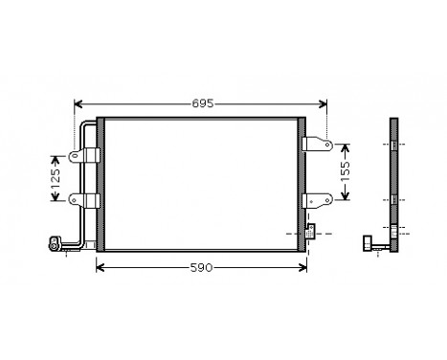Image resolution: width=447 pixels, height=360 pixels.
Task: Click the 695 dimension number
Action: [x=201, y=101]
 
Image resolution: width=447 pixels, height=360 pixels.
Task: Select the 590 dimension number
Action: [x=201, y=267]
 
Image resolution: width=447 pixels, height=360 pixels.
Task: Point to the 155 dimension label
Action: [x=347, y=172]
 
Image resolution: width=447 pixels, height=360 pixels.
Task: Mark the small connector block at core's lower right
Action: [x=311, y=231]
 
